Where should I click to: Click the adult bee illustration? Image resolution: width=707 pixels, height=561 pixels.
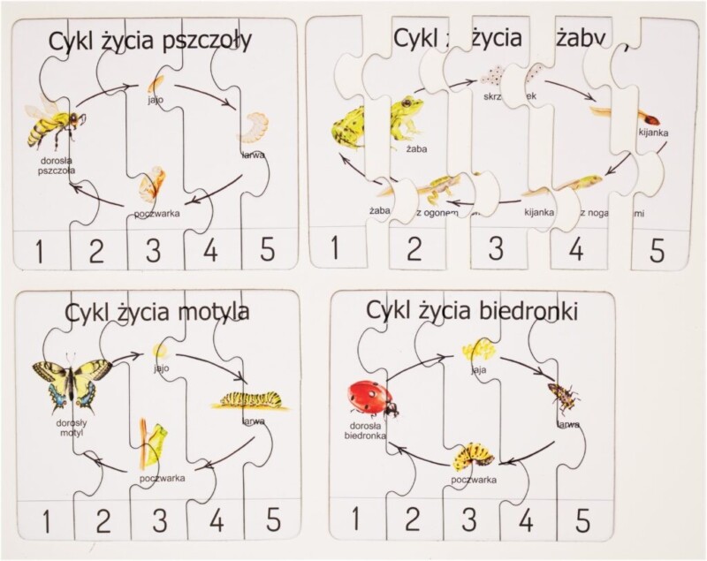pyautogui.click(x=50, y=124)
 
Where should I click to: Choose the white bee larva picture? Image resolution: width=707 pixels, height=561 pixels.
pyautogui.click(x=254, y=127)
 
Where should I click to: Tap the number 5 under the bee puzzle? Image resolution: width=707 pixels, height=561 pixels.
pyautogui.click(x=267, y=251)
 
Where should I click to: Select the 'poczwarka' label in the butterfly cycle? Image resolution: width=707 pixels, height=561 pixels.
pyautogui.click(x=162, y=478)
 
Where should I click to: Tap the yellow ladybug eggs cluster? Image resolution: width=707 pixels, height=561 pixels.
pyautogui.click(x=478, y=351)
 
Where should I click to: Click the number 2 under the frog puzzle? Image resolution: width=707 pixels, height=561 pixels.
pyautogui.click(x=412, y=248)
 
